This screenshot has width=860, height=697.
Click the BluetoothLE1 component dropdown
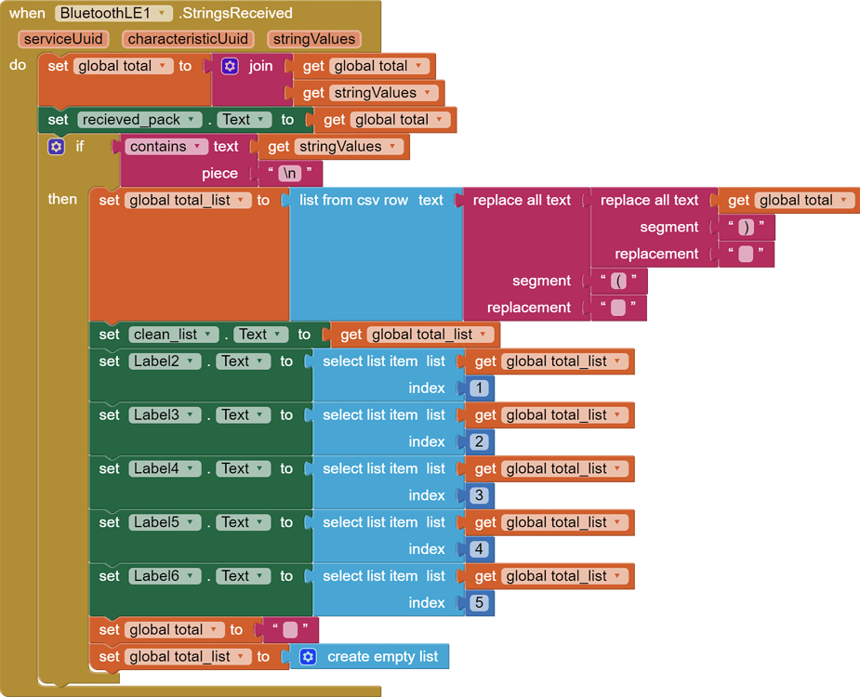[113, 13]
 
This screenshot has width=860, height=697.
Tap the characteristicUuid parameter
[188, 39]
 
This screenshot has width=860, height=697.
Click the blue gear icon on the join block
[230, 66]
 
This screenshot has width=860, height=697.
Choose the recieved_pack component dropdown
[139, 120]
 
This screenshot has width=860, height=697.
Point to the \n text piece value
[289, 174]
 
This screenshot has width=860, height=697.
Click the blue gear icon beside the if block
[57, 147]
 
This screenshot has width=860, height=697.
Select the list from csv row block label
[353, 201]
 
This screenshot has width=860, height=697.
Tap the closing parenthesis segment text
[746, 228]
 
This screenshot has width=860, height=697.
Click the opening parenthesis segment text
[618, 282]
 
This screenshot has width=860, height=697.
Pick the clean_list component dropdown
[173, 335]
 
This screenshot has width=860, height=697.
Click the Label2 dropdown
[164, 362]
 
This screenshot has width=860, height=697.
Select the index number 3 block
[479, 495]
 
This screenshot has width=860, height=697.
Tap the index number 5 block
[479, 603]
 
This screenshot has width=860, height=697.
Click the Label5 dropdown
[164, 522]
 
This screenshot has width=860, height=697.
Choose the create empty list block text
[382, 657]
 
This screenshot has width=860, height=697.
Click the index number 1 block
[479, 388]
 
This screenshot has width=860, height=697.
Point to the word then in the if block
[63, 200]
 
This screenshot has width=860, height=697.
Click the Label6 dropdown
[164, 576]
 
